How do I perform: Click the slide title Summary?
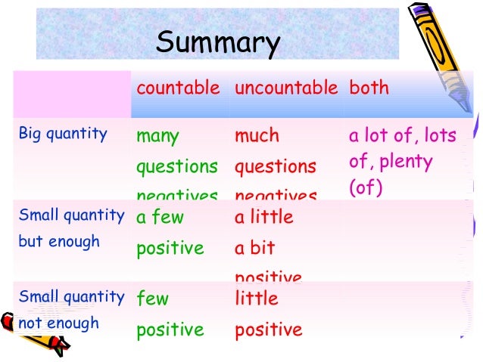[x=217, y=42]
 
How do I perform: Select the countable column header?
[x=177, y=88]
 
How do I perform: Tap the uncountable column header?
[x=286, y=88]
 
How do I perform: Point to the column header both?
[x=369, y=88]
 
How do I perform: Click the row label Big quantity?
[x=63, y=135]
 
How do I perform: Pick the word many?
[x=157, y=137]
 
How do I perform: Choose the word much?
[x=257, y=136]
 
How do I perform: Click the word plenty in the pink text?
[x=407, y=162]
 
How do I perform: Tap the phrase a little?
[x=263, y=217]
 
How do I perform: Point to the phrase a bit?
[x=254, y=248]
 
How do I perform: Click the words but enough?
[x=59, y=242]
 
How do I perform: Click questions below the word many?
[x=176, y=166]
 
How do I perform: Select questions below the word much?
[x=276, y=166]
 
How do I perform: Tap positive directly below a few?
[x=170, y=248]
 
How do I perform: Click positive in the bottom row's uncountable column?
[x=268, y=330]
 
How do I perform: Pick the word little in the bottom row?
[x=257, y=299]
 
